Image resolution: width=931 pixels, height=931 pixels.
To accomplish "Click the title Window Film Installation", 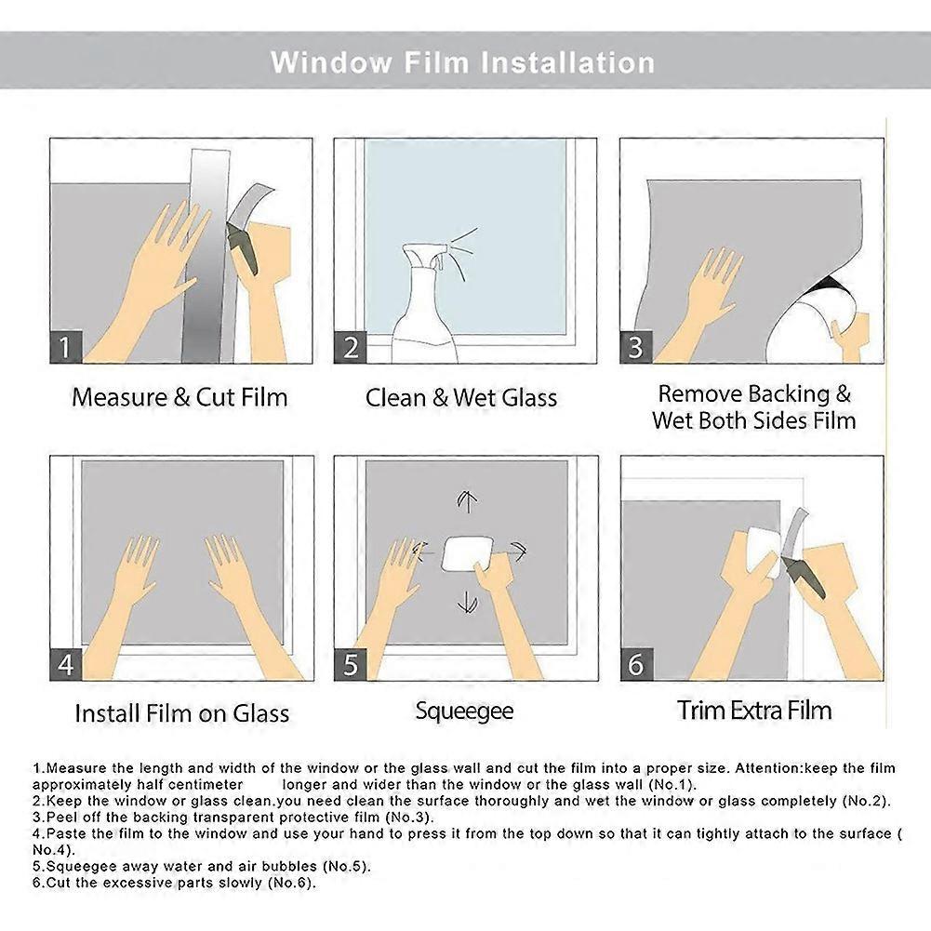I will click(462, 62).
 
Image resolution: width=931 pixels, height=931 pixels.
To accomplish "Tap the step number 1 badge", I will click(64, 348).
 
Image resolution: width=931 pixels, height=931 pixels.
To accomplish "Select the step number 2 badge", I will click(351, 348).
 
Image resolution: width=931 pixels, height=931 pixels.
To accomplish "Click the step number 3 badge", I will click(636, 348).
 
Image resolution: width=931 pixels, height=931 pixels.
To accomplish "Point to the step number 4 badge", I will click(64, 665).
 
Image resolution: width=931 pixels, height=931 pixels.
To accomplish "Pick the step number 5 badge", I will click(351, 665).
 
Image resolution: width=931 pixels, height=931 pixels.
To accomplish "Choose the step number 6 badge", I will click(636, 665).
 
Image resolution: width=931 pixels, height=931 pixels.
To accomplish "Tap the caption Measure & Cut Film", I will click(180, 397).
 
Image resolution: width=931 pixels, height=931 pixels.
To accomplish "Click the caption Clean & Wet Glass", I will click(461, 398).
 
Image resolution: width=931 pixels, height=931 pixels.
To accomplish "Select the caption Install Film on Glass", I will click(181, 714).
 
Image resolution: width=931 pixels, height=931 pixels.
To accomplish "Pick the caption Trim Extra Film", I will click(754, 712).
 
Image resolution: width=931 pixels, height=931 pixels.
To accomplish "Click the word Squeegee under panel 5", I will click(464, 712).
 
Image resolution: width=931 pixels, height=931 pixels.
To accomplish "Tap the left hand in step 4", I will click(140, 586).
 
